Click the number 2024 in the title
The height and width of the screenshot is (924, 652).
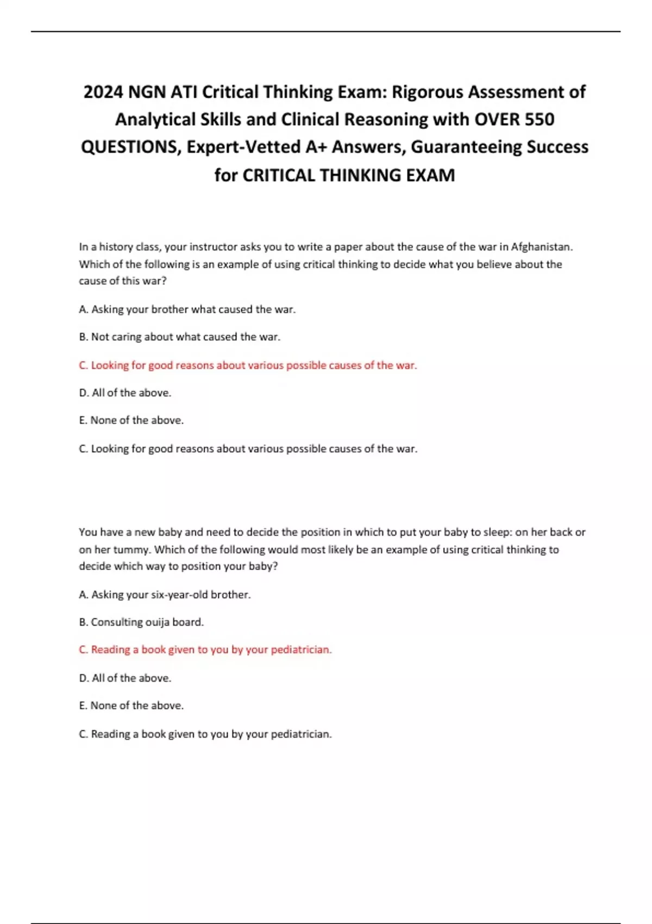103,92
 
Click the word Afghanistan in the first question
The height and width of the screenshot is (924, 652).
541,247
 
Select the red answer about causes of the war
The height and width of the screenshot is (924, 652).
248,365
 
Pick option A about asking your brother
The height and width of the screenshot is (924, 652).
187,309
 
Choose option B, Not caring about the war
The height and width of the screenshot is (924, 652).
179,337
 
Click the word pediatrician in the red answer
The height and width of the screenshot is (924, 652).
301,650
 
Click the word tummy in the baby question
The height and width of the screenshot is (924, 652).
130,550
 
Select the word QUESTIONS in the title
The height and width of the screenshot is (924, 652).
130,147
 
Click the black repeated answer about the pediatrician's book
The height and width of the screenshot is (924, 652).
205,734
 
